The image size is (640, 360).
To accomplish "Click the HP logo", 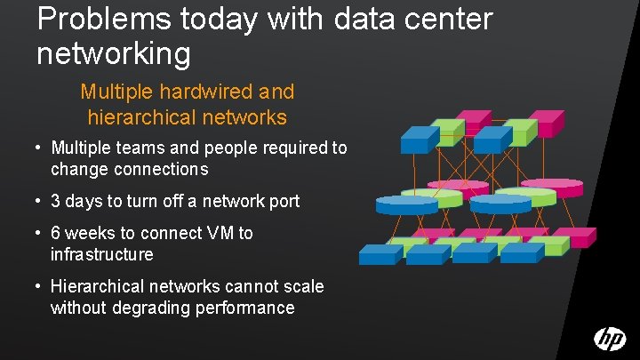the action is pos(610,339).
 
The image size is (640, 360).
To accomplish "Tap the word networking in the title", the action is pos(114,54).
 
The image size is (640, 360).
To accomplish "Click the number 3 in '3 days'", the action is pos(56,201).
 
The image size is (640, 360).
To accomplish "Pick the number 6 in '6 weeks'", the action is pos(56,234).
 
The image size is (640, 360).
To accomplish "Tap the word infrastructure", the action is pos(102,255).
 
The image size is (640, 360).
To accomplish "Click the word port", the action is pos(283,201).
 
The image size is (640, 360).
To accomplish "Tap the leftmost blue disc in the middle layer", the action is pos(406,205).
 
